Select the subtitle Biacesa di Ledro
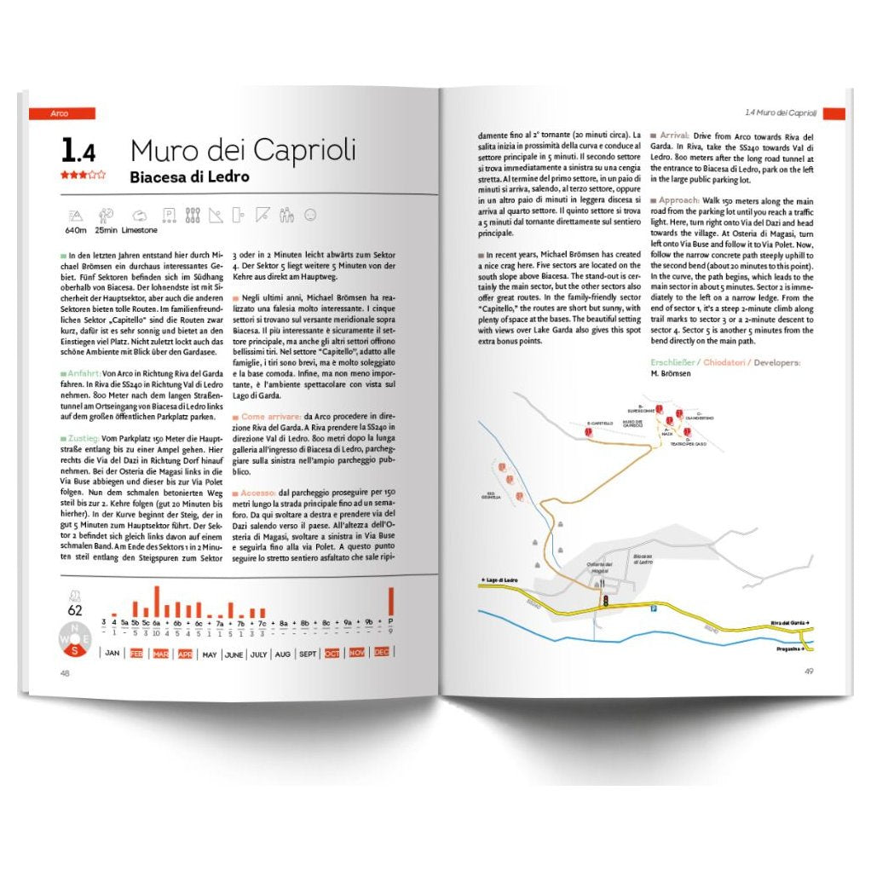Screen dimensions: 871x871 pos(189,177)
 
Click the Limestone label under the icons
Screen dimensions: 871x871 pos(138,230)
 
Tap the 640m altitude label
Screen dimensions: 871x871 pos(75,230)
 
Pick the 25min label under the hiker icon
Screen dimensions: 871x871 pos(107,230)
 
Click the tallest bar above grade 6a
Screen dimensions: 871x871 pos(156,601)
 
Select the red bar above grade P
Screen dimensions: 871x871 pos(390,602)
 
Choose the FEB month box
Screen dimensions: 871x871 pos(136,654)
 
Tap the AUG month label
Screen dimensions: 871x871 pos(283,654)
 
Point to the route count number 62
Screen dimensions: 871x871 pos(75,609)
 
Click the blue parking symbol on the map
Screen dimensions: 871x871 pos(654,609)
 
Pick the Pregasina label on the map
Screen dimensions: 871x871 pos(791,649)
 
